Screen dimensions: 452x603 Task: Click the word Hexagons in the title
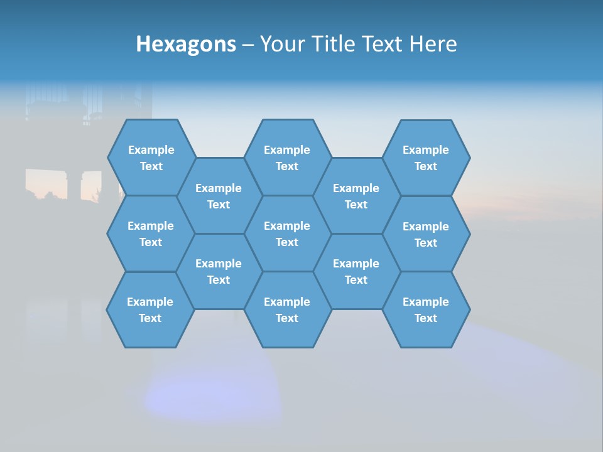point(186,44)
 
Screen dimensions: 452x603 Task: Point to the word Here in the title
point(433,44)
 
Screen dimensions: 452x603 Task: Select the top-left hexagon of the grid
point(151,158)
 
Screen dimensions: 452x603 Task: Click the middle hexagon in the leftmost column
point(151,234)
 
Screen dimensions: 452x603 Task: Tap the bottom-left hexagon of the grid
point(150,309)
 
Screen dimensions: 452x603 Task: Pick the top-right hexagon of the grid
point(426,158)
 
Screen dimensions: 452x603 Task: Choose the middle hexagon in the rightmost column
point(426,234)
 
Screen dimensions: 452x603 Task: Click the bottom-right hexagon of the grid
point(426,309)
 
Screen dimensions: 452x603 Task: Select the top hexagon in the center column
point(287,158)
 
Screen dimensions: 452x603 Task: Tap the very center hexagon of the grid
point(287,234)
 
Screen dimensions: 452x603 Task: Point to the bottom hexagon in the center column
point(287,309)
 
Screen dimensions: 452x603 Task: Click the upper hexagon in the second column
point(219,196)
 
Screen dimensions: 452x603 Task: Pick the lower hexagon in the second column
point(219,271)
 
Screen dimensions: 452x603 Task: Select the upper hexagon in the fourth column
point(356,196)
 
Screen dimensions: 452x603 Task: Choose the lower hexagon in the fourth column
point(356,271)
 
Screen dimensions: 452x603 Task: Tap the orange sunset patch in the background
point(45,182)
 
